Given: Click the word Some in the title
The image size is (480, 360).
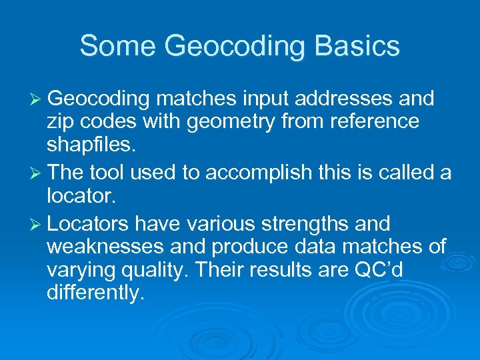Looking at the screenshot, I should click(x=117, y=46).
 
